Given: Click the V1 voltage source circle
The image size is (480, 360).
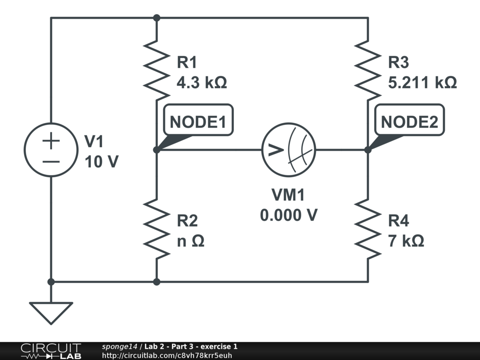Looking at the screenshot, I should (x=51, y=150).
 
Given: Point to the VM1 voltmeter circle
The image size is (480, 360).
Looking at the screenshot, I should (x=288, y=150).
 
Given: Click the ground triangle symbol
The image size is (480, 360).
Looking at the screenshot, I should (x=51, y=312).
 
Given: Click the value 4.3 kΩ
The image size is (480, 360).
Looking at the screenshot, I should (x=202, y=82).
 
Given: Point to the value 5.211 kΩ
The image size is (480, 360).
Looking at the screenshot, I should (x=422, y=82).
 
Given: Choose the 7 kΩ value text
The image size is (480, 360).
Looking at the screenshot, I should (x=406, y=241).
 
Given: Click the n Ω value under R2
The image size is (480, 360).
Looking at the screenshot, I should (x=190, y=241).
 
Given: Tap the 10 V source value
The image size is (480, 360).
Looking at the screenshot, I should (x=101, y=162).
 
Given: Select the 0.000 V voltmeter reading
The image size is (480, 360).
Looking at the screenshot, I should (x=289, y=215).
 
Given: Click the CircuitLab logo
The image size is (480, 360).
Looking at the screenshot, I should (x=51, y=351).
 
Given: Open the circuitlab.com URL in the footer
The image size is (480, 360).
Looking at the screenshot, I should (x=166, y=355).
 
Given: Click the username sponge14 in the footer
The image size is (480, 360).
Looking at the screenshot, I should (x=120, y=346).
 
